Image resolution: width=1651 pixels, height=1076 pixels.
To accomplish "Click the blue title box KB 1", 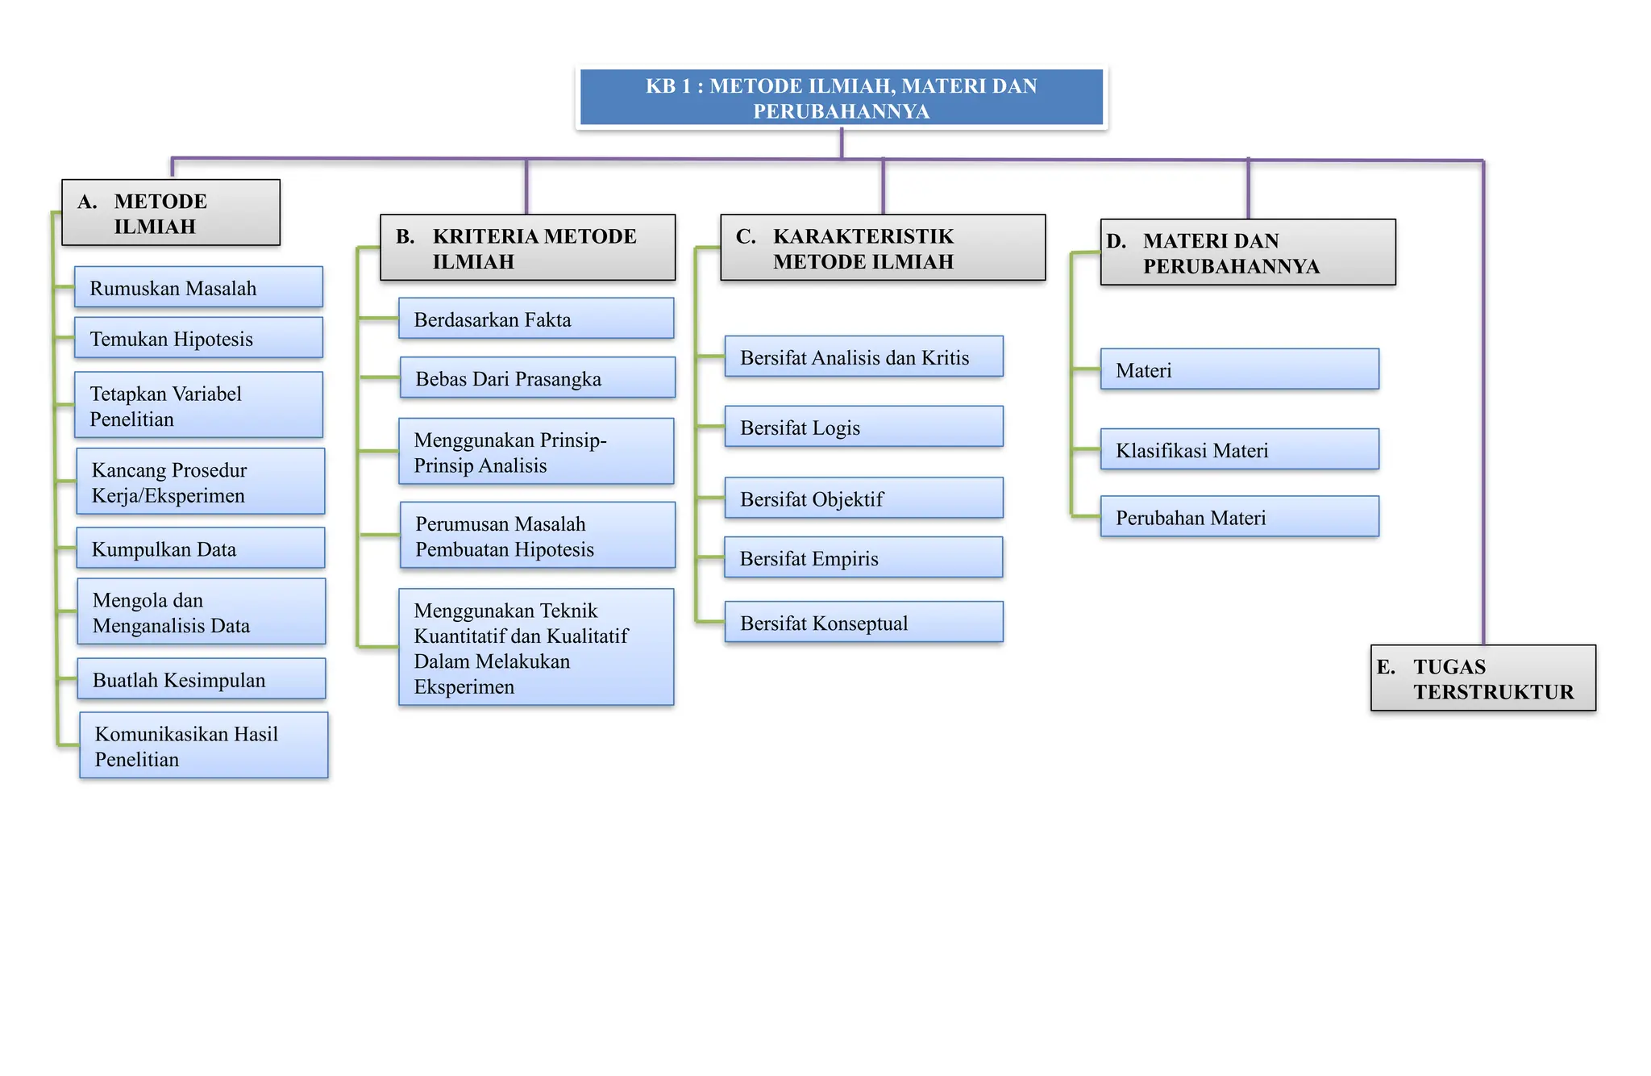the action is (842, 98).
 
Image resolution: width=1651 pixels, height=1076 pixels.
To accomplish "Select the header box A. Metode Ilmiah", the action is (171, 213).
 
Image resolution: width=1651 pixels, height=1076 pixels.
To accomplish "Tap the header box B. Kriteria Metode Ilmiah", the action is (528, 248).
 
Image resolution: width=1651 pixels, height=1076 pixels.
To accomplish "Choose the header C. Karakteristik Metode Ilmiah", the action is (883, 248).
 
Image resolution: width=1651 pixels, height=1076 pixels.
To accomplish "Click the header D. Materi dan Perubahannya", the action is (1248, 252).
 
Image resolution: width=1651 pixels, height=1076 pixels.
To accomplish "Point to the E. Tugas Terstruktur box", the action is (1483, 678).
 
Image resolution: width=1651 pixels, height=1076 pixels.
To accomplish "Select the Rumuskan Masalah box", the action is (198, 287).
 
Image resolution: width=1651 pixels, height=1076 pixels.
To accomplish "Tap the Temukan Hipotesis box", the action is (198, 338).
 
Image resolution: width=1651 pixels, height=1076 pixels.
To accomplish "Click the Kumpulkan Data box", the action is (201, 548).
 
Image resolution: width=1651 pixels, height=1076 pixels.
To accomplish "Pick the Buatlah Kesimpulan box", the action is (202, 679).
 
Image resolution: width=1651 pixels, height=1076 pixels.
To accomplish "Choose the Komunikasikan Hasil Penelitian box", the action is (204, 745).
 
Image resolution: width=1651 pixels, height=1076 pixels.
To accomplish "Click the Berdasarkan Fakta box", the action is (536, 319).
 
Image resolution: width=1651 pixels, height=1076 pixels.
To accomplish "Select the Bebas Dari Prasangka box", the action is (538, 378).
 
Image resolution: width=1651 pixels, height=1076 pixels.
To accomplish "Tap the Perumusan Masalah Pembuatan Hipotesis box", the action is (538, 536).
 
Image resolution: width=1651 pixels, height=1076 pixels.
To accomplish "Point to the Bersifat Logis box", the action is (864, 427).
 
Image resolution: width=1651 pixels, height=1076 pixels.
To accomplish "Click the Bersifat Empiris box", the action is (863, 557).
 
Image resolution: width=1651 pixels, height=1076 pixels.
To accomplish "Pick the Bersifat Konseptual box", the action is (864, 622).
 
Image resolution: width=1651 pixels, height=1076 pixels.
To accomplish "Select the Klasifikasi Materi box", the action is (1240, 449).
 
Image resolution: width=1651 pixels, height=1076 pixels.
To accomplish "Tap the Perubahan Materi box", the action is (1240, 516).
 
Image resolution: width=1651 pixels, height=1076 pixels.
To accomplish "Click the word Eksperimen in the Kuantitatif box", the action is (464, 687).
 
